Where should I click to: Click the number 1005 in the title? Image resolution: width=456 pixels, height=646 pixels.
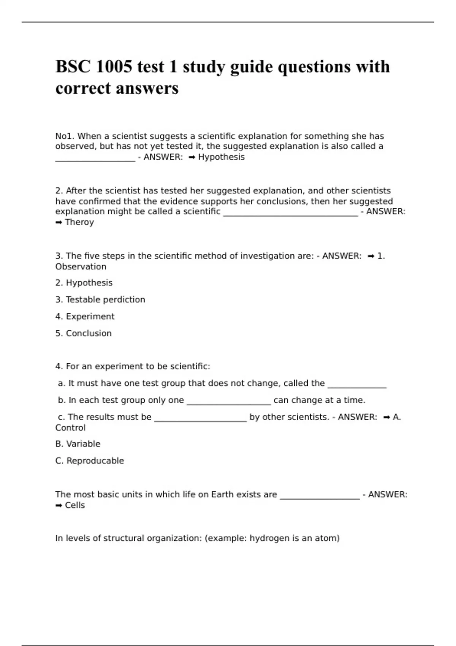[x=114, y=67]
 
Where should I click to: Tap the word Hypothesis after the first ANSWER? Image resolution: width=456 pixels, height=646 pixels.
[x=221, y=157]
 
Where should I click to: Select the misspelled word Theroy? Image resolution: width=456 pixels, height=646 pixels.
[x=79, y=222]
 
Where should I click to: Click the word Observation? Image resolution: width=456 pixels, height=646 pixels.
[x=81, y=267]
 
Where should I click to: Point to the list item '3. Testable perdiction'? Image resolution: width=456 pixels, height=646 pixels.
[x=100, y=300]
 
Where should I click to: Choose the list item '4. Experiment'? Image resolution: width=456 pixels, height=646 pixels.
[x=85, y=317]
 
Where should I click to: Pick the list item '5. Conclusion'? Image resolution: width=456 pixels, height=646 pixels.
[x=83, y=333]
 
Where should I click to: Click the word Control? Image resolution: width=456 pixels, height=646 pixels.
[x=70, y=428]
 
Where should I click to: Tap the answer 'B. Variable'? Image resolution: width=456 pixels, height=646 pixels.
[x=78, y=444]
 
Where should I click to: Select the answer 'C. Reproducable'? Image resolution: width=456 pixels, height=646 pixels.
[x=89, y=461]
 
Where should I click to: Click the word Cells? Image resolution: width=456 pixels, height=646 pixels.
[x=75, y=505]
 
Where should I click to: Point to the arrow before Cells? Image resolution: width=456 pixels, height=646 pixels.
[x=59, y=506]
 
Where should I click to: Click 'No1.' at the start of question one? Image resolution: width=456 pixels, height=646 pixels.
[x=65, y=136]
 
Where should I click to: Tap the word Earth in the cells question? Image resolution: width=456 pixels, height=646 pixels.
[x=222, y=494]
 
